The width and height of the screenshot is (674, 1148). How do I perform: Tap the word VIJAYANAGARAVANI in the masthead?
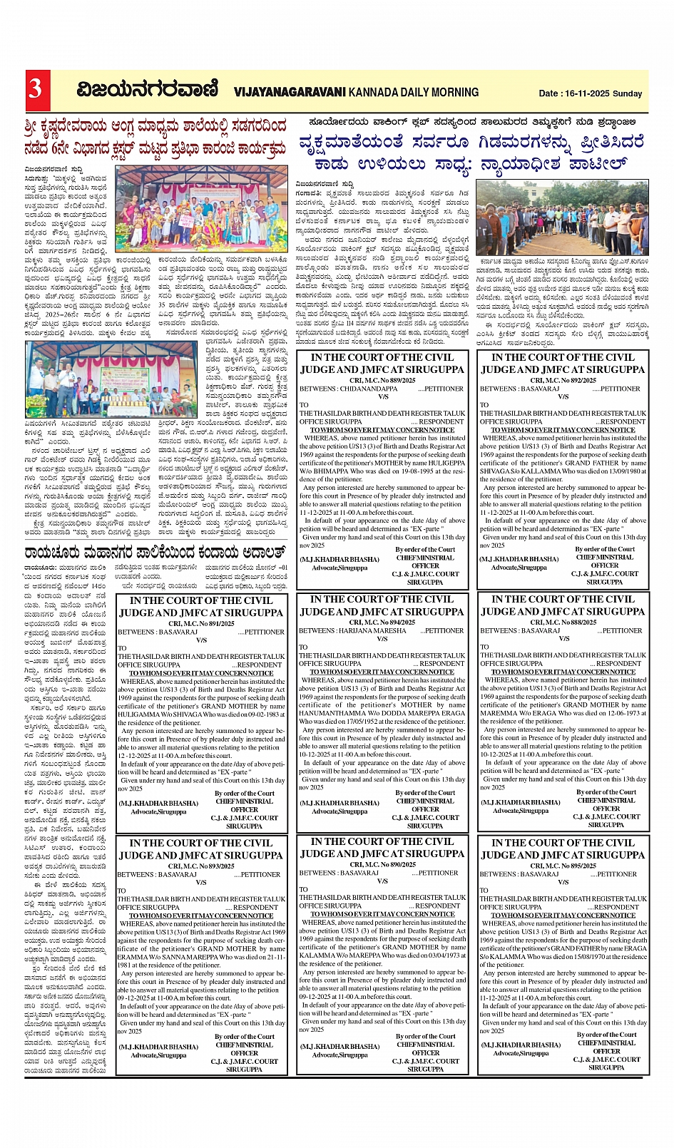click(x=290, y=92)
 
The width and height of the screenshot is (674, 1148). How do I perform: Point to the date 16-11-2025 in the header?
click(x=586, y=93)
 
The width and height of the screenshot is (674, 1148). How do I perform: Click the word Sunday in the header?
click(x=628, y=93)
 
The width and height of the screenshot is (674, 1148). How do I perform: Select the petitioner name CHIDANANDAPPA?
click(x=369, y=389)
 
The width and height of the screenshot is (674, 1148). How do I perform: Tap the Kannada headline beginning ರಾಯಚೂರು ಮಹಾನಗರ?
click(x=154, y=553)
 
